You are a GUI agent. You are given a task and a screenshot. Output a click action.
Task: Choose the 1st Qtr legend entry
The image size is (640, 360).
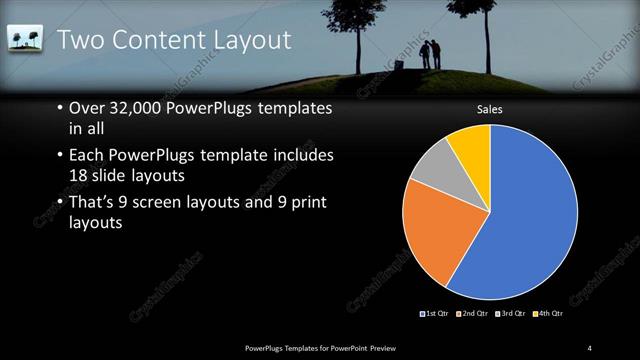[x=434, y=314]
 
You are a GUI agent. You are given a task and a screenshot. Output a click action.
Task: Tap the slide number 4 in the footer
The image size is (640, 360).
[x=590, y=347]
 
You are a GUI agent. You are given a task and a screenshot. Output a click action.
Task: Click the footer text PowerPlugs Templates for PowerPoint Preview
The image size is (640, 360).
[x=327, y=347]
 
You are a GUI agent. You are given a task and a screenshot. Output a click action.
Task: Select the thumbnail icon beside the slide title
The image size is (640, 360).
[x=23, y=39]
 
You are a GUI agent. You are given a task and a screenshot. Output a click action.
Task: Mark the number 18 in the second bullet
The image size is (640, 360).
[x=80, y=175]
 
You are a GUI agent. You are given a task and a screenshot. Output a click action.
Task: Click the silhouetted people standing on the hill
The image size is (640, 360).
[x=429, y=55]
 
